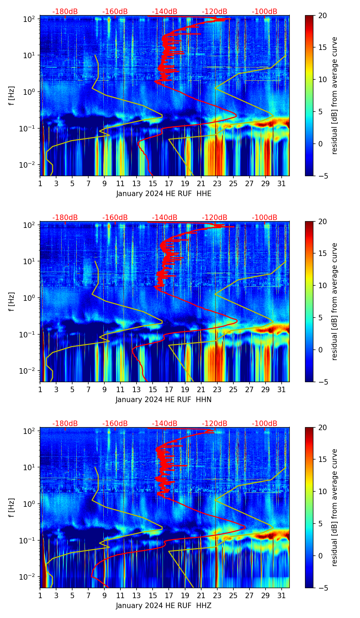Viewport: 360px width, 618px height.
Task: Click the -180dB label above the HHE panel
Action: [65, 12]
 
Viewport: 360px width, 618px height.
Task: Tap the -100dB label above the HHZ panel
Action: [265, 424]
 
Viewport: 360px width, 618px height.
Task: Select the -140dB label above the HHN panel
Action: [165, 218]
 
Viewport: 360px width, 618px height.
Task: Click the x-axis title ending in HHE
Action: [164, 194]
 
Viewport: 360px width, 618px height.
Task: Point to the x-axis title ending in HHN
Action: [164, 400]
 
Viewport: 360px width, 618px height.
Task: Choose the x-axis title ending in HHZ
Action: [164, 606]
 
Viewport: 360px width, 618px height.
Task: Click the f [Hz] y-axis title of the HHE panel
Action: [12, 96]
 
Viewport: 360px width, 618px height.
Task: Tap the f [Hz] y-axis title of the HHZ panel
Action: [12, 508]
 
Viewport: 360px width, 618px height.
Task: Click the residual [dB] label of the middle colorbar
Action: [334, 301]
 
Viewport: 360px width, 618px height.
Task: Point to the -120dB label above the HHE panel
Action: [215, 12]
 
